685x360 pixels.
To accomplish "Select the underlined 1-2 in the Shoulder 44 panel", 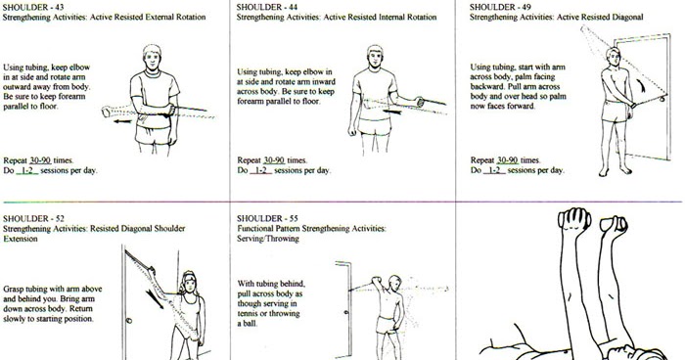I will coord(260,170).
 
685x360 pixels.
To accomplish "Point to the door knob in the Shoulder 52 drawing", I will coord(129,319).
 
